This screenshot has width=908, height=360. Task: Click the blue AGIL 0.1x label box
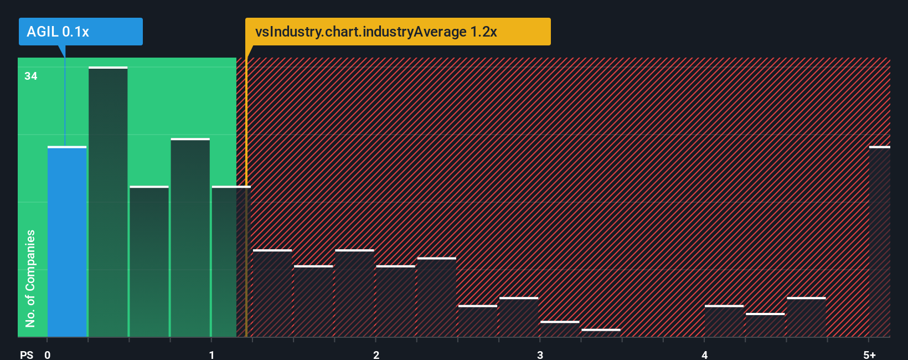[80, 32]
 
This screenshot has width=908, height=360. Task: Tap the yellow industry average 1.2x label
[398, 32]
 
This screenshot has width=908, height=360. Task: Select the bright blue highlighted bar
[67, 241]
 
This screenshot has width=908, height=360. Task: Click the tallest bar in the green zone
[108, 202]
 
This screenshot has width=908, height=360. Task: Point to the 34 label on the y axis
[31, 76]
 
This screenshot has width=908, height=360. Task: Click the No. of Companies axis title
[30, 278]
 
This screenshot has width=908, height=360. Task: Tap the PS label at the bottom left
[27, 354]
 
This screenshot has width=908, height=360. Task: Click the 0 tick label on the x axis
[48, 354]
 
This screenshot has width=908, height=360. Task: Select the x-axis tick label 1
[211, 354]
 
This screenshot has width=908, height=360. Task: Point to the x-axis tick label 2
[376, 354]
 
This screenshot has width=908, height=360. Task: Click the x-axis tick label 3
[540, 354]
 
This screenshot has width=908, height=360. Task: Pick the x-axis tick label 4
[704, 354]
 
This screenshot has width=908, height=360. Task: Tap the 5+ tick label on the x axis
[869, 354]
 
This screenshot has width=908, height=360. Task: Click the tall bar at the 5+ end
[880, 241]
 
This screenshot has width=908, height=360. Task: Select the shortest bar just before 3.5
[601, 333]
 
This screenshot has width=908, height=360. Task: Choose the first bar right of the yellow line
[272, 294]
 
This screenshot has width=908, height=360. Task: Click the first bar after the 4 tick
[724, 321]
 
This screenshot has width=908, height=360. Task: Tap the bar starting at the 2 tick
[395, 301]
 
